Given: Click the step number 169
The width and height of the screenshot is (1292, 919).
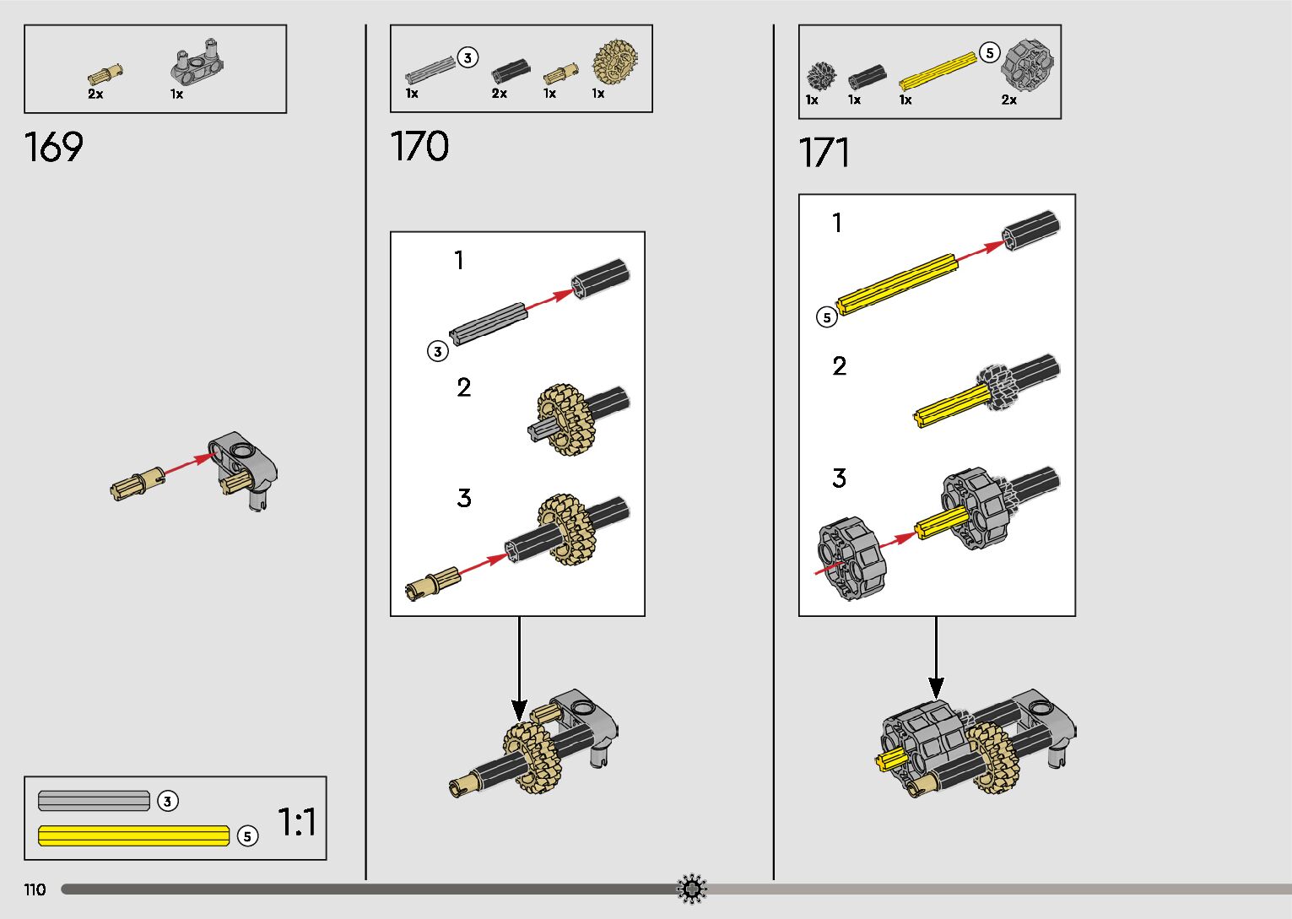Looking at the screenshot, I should [x=54, y=147].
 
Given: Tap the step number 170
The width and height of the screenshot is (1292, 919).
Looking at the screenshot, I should [x=419, y=146].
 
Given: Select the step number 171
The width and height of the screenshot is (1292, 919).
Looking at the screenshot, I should [x=824, y=153].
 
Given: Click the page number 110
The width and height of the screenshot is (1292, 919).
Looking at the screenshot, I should [x=35, y=889].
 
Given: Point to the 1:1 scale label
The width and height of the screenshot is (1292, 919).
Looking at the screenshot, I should [x=297, y=822].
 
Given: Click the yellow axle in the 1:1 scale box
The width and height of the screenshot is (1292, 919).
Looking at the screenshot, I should [x=133, y=835].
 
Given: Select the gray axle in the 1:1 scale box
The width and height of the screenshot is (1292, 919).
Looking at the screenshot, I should [x=94, y=801].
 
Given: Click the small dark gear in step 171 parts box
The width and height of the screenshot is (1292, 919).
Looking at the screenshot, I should [x=819, y=76].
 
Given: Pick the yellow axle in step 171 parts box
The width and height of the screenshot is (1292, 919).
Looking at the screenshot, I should [x=937, y=71].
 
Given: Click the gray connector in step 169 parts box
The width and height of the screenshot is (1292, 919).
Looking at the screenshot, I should [x=201, y=62].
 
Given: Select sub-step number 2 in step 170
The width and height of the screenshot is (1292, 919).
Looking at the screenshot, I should [x=463, y=387].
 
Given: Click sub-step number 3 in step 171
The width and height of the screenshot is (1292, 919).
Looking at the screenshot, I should [x=839, y=478].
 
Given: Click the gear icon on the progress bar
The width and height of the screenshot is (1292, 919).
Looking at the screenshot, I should [x=692, y=889].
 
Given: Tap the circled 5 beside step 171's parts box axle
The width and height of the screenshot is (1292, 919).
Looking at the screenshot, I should [x=990, y=52].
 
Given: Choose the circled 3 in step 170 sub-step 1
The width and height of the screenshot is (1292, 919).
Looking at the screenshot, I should [x=437, y=351].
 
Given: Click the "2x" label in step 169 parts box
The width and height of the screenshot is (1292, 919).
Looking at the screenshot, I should [x=95, y=95].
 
